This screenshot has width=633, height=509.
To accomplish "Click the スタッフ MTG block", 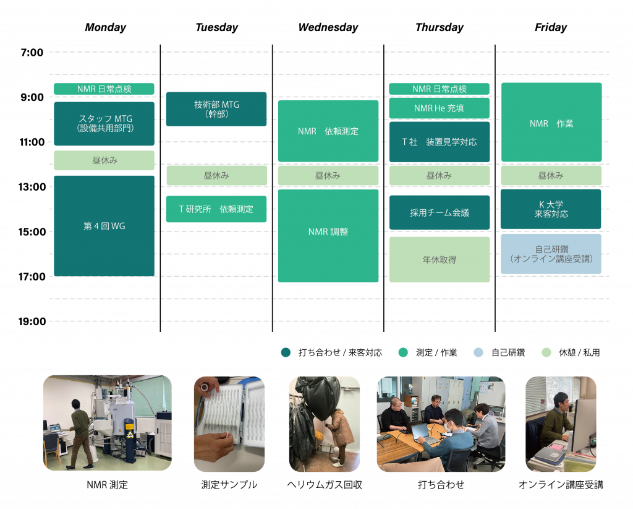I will click(x=104, y=123).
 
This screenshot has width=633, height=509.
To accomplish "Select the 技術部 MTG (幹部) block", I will click(x=216, y=109).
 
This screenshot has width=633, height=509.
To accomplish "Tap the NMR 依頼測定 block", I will click(x=328, y=131).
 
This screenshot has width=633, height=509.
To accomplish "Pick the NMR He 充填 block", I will click(x=439, y=108).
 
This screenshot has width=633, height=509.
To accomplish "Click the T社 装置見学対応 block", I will click(x=439, y=142).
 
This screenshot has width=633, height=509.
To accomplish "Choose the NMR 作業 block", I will click(x=551, y=123).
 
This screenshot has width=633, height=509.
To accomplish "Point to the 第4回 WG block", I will click(x=104, y=226).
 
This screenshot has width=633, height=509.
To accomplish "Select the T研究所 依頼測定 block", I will click(x=216, y=209).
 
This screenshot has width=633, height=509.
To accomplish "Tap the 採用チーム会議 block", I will click(x=439, y=212).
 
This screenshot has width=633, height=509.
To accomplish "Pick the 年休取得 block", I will click(x=439, y=259).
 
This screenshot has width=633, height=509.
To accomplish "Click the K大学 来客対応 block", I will click(x=551, y=209).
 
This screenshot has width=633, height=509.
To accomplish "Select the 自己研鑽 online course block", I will click(x=551, y=254).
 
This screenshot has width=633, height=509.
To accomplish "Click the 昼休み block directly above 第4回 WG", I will click(x=104, y=160).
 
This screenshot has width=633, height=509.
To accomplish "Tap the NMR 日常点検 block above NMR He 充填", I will click(x=439, y=89).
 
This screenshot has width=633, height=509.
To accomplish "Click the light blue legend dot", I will click(x=478, y=352).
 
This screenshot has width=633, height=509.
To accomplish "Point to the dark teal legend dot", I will click(x=286, y=352).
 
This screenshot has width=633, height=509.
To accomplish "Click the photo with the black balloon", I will click(x=324, y=424).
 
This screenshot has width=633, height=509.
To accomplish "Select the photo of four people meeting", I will click(x=440, y=424).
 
